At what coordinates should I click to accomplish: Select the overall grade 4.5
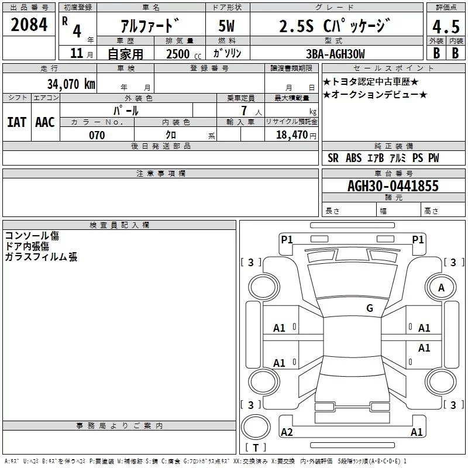point(446,27)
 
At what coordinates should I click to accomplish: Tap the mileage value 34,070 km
point(71,84)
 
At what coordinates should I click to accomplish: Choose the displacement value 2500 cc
point(181,54)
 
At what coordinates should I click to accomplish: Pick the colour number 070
point(97,135)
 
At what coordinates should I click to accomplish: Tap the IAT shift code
point(17,122)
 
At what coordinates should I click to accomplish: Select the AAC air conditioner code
point(45,122)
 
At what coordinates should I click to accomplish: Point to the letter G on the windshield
point(370,308)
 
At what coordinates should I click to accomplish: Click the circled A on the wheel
point(441,287)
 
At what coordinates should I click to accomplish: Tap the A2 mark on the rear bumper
point(287,432)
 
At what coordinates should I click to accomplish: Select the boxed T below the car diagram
point(256,448)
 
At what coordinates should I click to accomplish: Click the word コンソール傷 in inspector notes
point(32,236)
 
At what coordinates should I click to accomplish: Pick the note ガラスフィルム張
point(41,257)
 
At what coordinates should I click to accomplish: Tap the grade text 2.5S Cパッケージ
point(333,26)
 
